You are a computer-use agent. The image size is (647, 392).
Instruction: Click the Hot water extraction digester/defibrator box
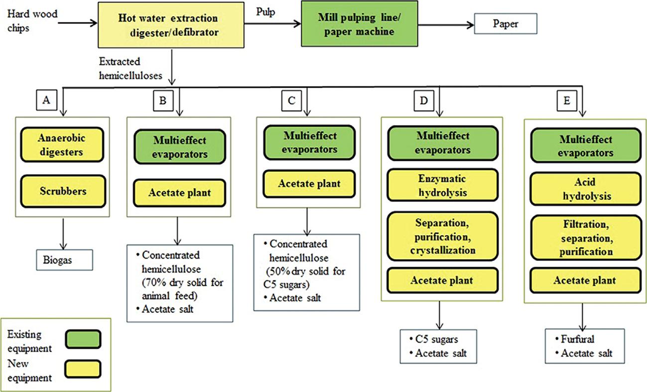point(168,24)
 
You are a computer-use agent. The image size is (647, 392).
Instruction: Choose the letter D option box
point(424,101)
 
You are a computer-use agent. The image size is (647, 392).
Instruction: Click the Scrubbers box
point(61,191)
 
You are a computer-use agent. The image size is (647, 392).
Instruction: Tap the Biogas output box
point(64,260)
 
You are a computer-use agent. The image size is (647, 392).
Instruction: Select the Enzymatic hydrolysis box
point(443,185)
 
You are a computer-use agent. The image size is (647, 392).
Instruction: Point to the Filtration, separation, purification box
point(585,237)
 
